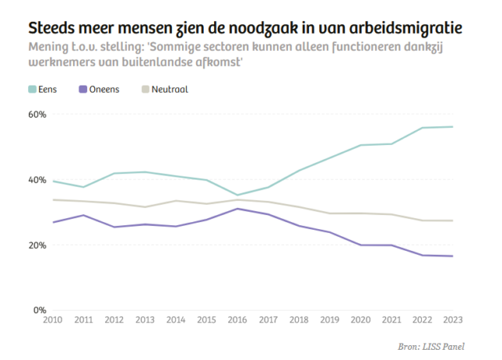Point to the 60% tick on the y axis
(x=38, y=115)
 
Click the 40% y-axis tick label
(x=38, y=180)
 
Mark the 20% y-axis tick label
(x=38, y=245)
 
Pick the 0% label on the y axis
(x=40, y=311)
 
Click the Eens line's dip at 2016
(x=237, y=195)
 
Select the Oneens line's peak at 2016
(x=237, y=209)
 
